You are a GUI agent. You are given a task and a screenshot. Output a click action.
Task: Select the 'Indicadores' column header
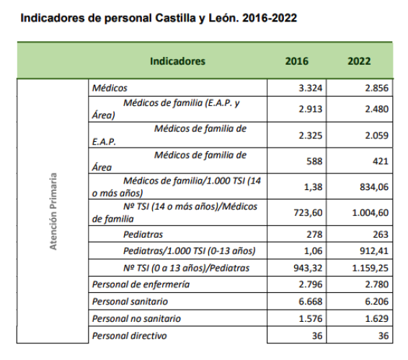pos(177,61)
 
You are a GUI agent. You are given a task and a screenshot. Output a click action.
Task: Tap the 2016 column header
pos(297,61)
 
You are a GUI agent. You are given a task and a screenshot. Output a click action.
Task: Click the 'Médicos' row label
pos(110,88)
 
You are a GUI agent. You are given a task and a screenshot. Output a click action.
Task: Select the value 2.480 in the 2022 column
pos(373,109)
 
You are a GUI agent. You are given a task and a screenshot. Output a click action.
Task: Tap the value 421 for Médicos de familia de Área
pos(380,161)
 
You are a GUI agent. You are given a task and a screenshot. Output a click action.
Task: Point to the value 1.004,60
pos(368,212)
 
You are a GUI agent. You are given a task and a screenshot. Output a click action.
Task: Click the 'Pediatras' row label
pos(143,235)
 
